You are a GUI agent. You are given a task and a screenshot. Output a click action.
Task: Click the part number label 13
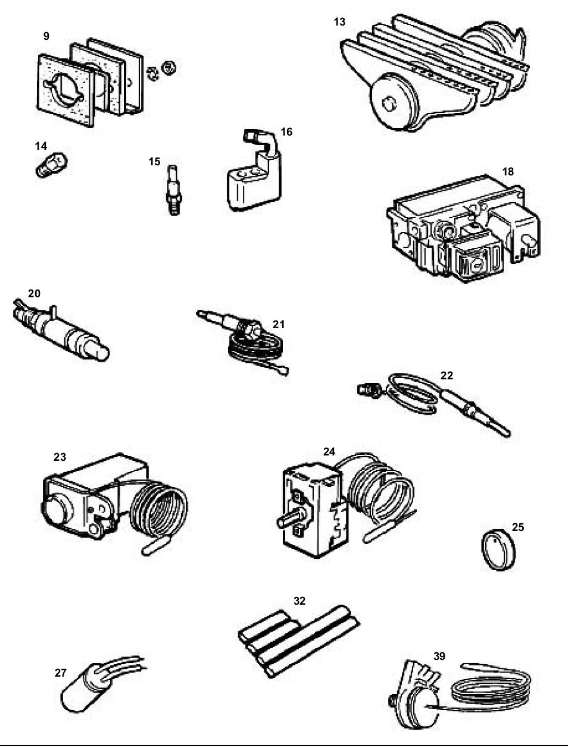[339, 22]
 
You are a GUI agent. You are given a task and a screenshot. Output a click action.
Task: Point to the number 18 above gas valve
[507, 172]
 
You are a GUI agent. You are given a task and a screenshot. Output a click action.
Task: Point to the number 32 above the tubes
[299, 601]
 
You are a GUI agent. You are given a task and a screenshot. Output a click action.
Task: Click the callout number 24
[329, 451]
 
